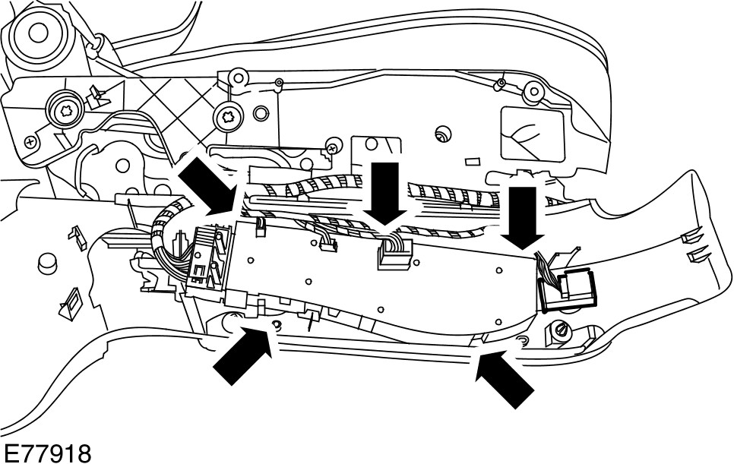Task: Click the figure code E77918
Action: pos(46,453)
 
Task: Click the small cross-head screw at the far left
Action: pos(30,141)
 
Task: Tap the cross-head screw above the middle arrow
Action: pos(333,143)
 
